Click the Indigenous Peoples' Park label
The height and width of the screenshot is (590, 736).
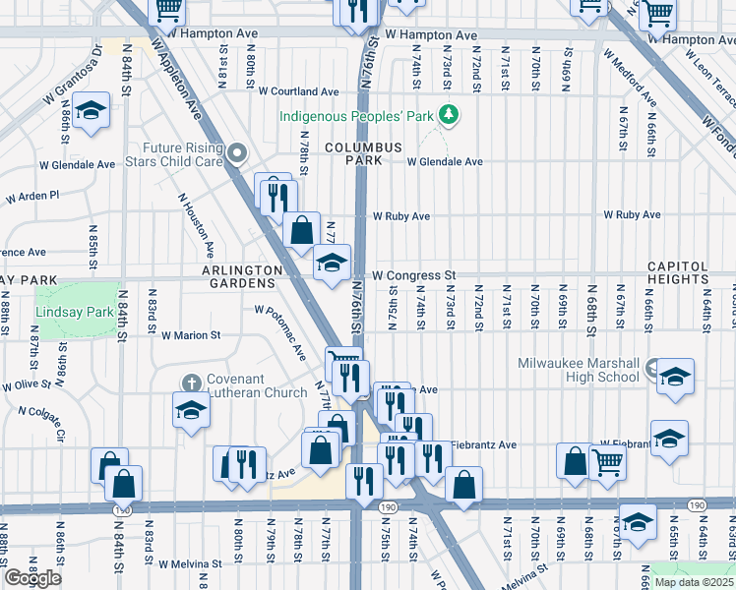point(357,116)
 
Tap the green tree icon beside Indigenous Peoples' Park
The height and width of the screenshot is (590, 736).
point(450,116)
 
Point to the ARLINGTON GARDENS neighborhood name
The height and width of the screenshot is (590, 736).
point(242,276)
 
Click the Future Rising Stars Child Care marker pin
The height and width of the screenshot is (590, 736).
point(239,153)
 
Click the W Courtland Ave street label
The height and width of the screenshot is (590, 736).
point(299,90)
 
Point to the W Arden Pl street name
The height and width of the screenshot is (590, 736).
point(32,197)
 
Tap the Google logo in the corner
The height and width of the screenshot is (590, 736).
point(32,578)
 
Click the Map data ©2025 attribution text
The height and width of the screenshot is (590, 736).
point(693,582)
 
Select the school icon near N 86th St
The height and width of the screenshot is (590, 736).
point(91,111)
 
